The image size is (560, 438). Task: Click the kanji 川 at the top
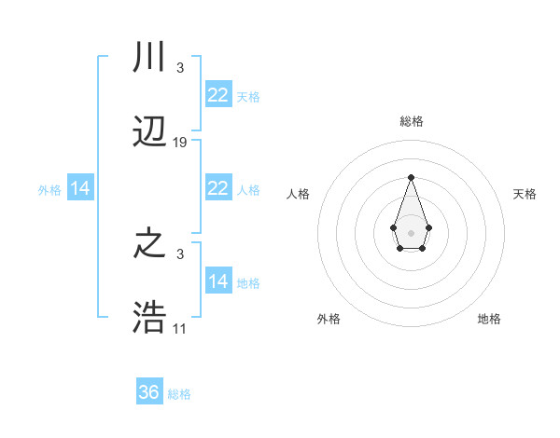(x=149, y=58)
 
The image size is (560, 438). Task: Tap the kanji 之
(x=149, y=244)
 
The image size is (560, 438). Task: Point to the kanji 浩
(x=149, y=319)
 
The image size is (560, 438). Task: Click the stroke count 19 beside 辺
(x=180, y=143)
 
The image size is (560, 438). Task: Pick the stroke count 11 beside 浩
(x=180, y=329)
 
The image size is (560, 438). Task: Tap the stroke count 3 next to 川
(x=179, y=68)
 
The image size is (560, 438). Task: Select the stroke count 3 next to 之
(x=179, y=254)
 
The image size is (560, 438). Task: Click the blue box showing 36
(x=149, y=392)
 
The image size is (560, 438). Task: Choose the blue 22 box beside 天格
(x=217, y=95)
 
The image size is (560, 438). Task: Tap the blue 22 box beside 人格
(x=217, y=188)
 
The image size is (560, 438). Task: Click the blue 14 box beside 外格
(x=80, y=188)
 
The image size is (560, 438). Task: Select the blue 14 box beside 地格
(x=217, y=281)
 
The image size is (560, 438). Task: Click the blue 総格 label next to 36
(x=179, y=394)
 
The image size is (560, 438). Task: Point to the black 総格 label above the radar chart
(x=411, y=121)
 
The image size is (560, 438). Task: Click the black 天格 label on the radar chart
(x=525, y=194)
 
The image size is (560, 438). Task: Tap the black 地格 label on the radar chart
(x=489, y=319)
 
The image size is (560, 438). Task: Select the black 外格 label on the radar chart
(x=329, y=319)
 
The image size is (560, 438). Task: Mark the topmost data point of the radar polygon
(x=411, y=177)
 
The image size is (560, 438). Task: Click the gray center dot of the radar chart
(x=411, y=232)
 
